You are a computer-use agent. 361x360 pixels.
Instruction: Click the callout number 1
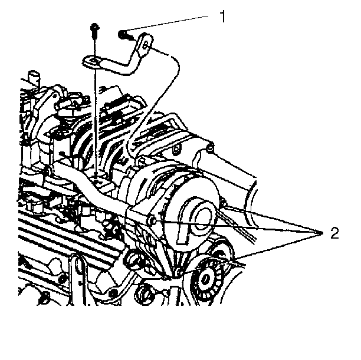(222, 16)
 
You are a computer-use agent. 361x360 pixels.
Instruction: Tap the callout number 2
(334, 233)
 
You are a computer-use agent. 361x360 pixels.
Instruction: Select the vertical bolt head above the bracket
(94, 27)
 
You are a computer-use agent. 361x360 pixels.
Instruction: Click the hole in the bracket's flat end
(94, 61)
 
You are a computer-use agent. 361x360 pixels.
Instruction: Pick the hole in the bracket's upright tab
(145, 45)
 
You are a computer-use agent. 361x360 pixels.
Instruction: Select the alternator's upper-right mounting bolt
(223, 203)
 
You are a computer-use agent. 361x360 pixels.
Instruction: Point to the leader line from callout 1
(166, 23)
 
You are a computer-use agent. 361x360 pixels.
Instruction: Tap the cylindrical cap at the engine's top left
(33, 77)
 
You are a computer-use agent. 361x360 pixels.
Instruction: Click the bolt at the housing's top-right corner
(210, 147)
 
